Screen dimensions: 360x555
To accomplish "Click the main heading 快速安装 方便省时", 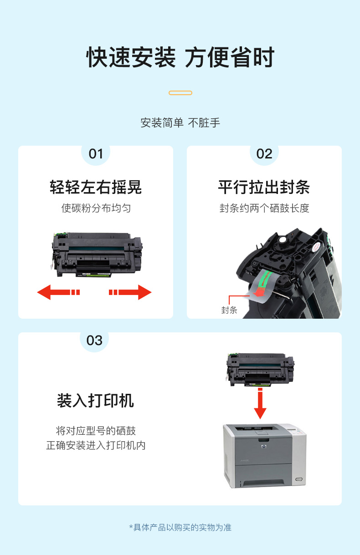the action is pyautogui.click(x=180, y=57).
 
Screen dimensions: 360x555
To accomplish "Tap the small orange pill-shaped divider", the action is pyautogui.click(x=180, y=93).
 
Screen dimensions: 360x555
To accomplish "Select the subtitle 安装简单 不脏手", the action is pyautogui.click(x=180, y=123).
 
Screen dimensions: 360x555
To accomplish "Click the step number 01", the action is pyautogui.click(x=96, y=154).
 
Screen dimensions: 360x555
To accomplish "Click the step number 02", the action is pyautogui.click(x=264, y=154).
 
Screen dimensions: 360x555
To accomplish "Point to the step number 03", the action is pyautogui.click(x=94, y=341).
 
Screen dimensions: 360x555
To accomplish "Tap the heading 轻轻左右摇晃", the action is pyautogui.click(x=96, y=187).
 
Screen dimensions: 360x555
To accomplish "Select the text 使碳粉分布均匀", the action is pyautogui.click(x=96, y=208).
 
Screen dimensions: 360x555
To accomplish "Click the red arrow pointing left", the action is pyautogui.click(x=58, y=292).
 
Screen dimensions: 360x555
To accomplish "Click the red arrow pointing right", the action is pyautogui.click(x=130, y=292).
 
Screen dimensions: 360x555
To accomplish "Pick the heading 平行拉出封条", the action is pyautogui.click(x=264, y=187).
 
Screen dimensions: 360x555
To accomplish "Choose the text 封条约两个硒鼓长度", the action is pyautogui.click(x=264, y=208).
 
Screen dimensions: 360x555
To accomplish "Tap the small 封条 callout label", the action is pyautogui.click(x=229, y=310).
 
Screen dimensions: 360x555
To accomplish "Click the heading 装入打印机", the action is pyautogui.click(x=95, y=401).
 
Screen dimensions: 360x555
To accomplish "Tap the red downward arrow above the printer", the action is pyautogui.click(x=260, y=403).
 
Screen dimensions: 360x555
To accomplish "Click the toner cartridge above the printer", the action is pyautogui.click(x=260, y=369).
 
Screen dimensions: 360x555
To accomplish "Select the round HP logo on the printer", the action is pyautogui.click(x=263, y=447).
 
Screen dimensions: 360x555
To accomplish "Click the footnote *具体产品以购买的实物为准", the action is pyautogui.click(x=180, y=527).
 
